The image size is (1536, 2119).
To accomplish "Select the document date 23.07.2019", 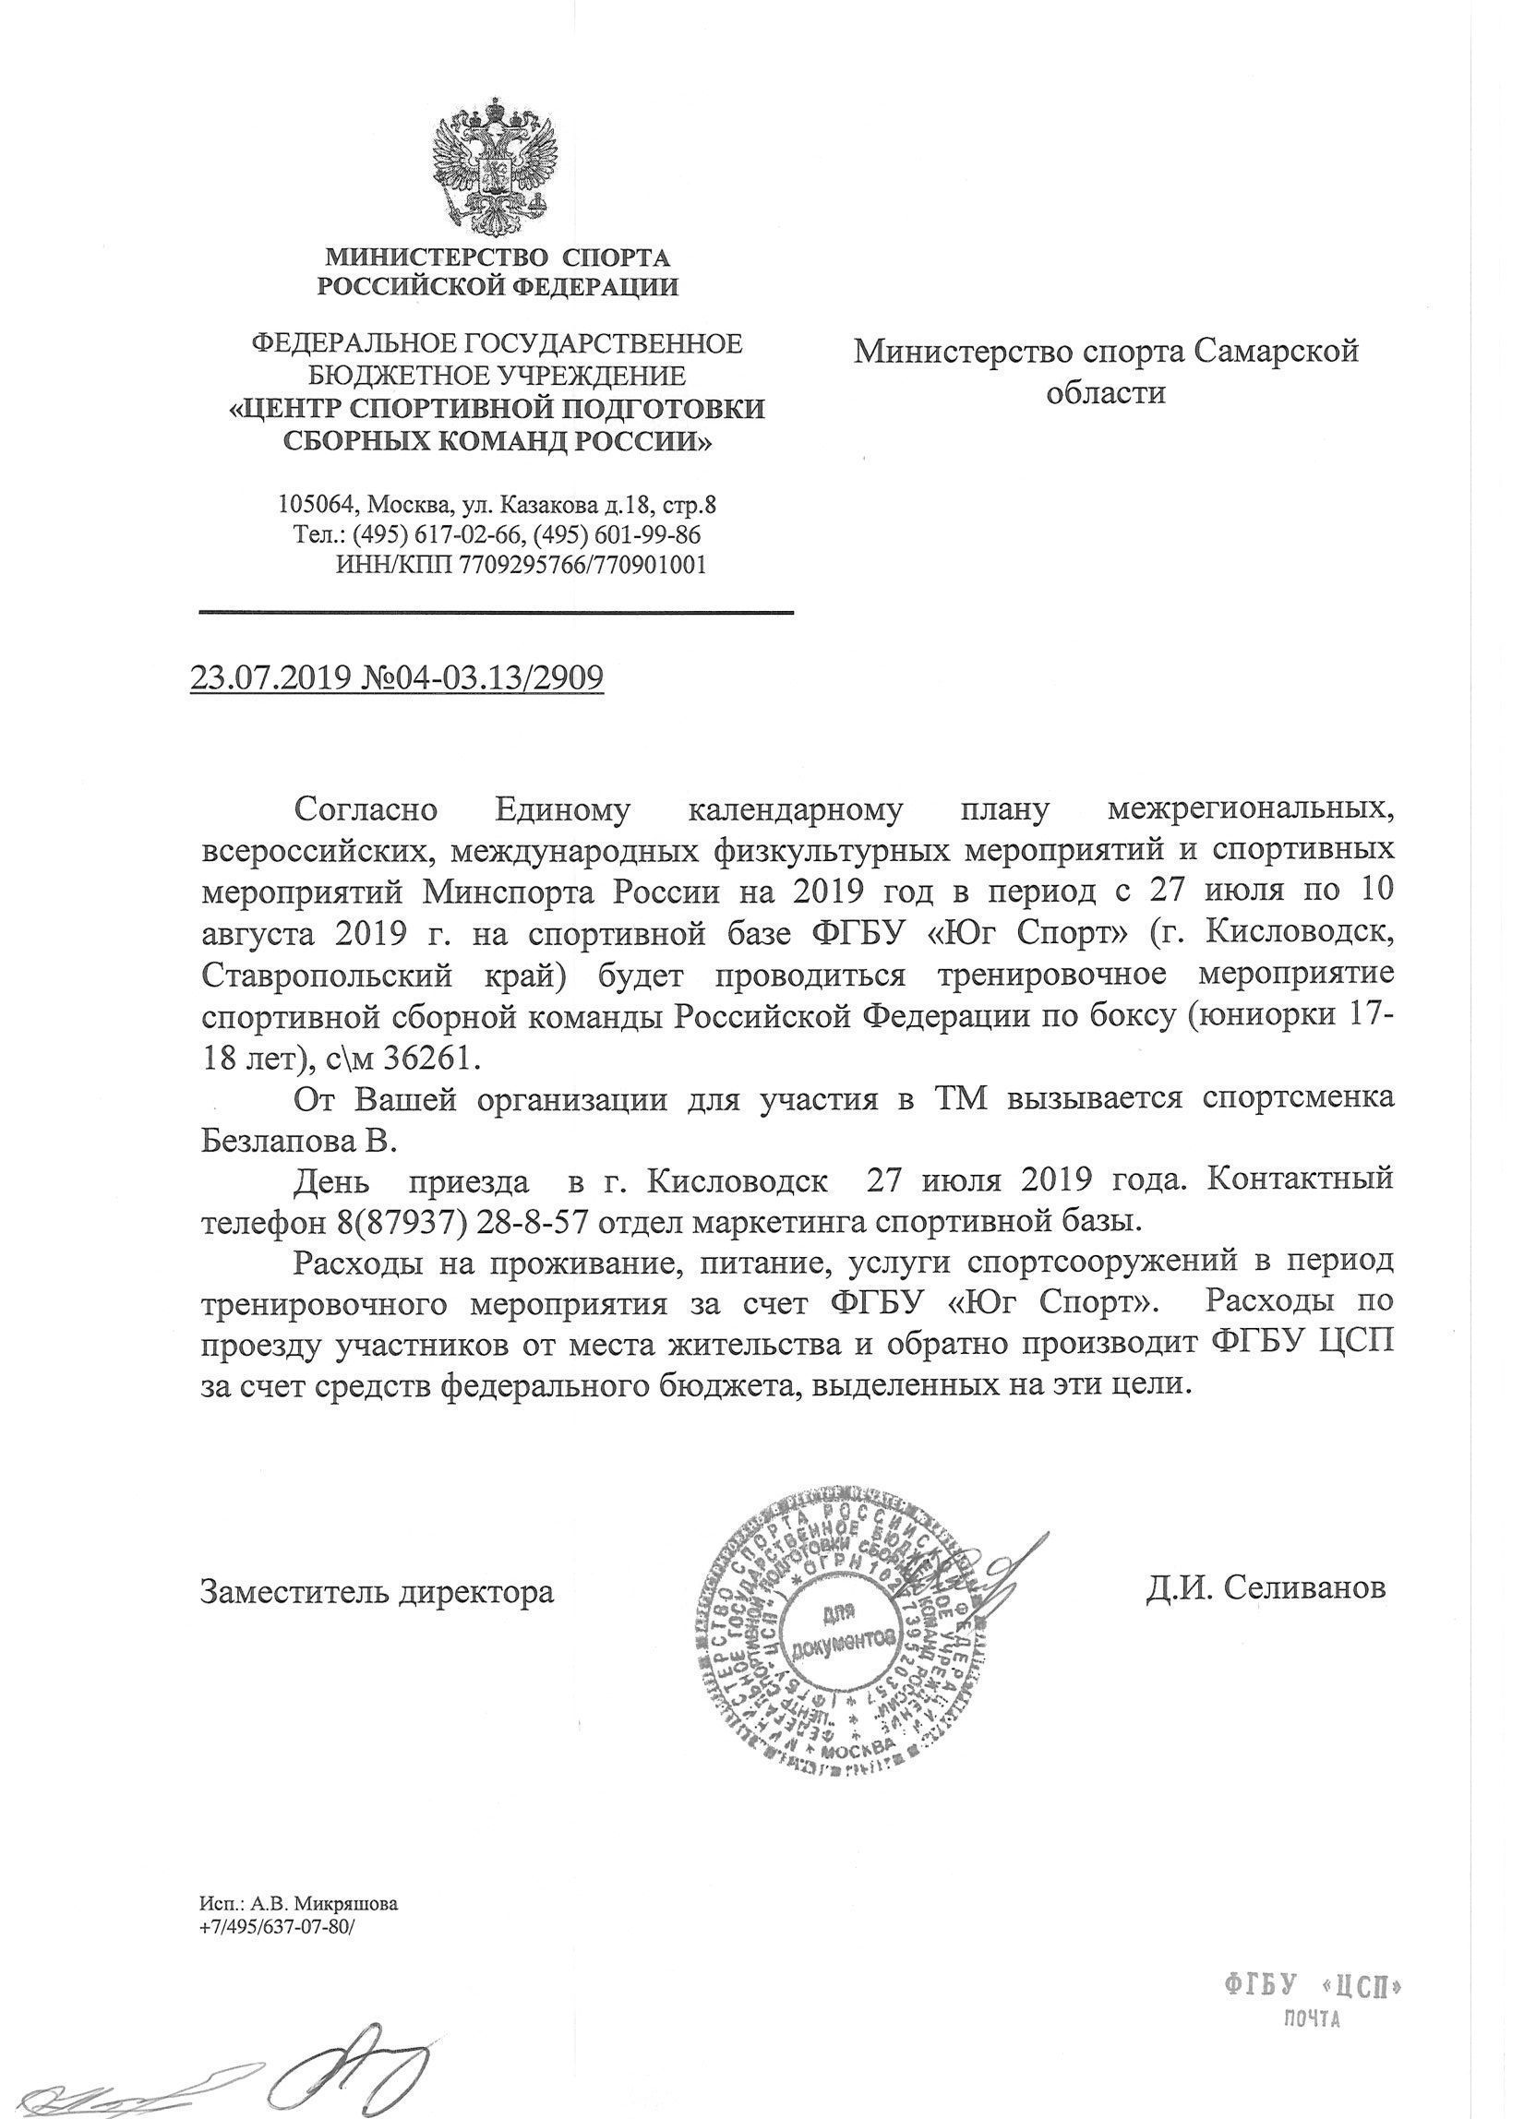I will pos(270,677).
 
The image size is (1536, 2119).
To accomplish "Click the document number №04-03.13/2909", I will pos(480,677).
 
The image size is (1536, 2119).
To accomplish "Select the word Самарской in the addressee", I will pos(1277,352).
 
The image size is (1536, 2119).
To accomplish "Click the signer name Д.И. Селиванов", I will pos(1266,1588).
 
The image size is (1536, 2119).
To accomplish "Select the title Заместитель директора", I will pos(378,1591).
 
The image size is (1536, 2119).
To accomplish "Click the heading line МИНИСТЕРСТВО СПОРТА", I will pos(496,257).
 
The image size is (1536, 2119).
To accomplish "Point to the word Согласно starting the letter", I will pos(366,809).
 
